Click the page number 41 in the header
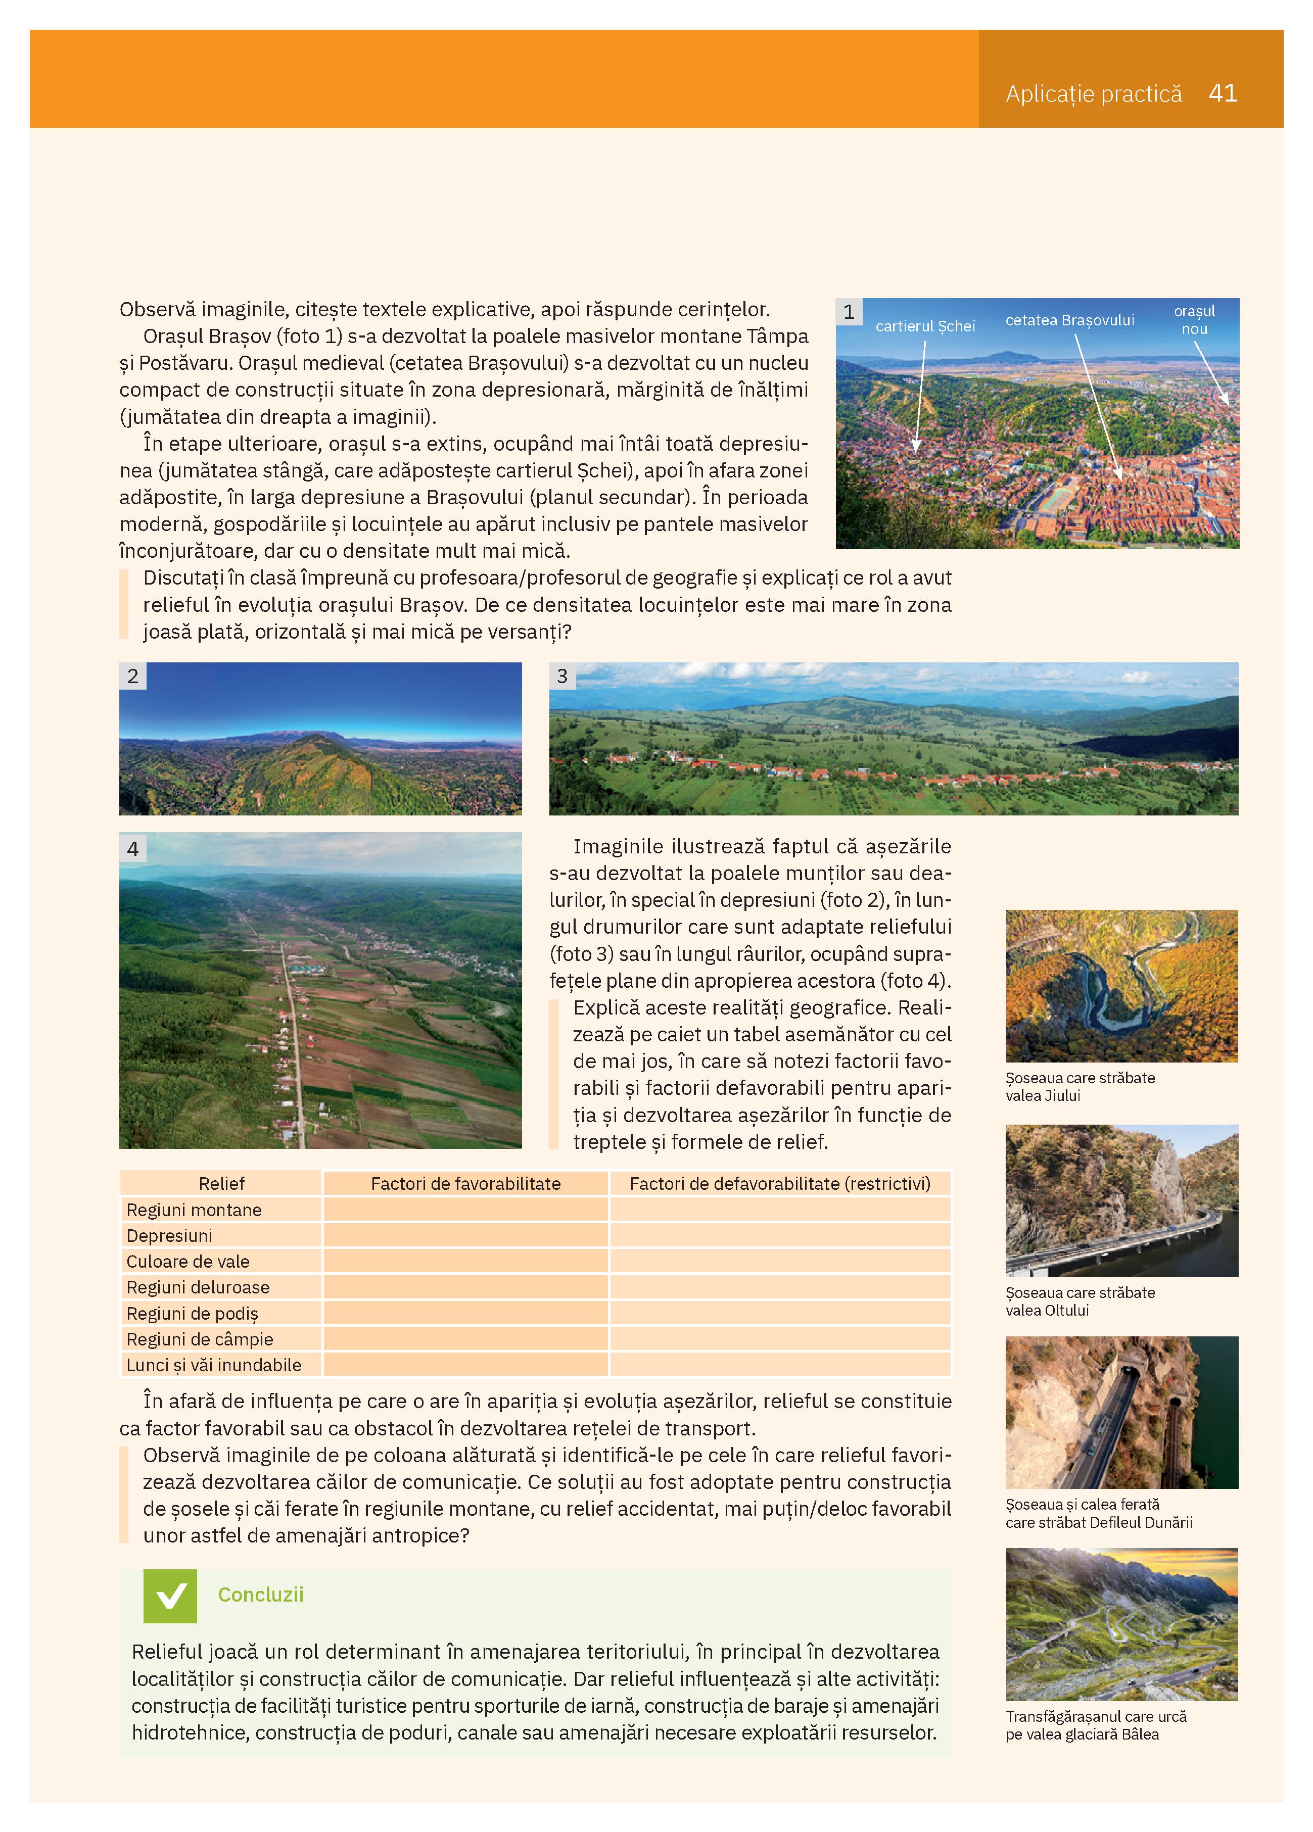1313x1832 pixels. [x=1223, y=93]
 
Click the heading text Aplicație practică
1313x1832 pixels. [x=1093, y=94]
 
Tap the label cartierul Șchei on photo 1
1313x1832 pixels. [x=925, y=326]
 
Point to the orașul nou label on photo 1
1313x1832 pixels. [x=1194, y=320]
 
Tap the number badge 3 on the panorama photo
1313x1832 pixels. [x=562, y=676]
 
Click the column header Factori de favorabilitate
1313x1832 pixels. [x=465, y=1183]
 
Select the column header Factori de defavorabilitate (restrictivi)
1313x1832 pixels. [x=780, y=1183]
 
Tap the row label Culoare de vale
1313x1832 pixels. [x=187, y=1262]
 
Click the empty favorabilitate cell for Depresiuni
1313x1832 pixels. [x=465, y=1236]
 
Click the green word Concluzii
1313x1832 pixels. [x=260, y=1595]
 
